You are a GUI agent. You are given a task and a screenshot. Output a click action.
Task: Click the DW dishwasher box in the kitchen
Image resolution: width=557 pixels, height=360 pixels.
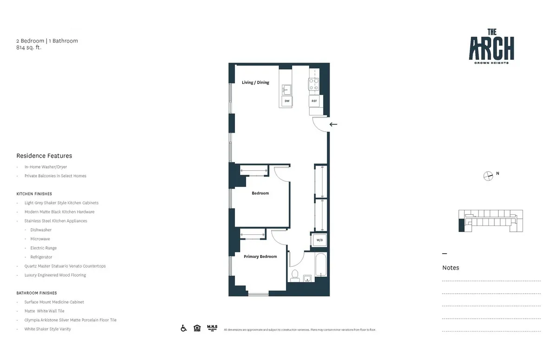click(287, 101)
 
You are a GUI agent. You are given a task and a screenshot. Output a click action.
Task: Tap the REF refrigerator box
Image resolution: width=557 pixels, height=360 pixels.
click(314, 101)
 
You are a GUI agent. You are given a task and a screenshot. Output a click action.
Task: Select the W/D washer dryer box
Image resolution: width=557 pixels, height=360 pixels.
click(319, 240)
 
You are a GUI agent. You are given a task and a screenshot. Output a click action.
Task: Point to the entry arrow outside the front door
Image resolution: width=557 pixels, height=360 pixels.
click(333, 124)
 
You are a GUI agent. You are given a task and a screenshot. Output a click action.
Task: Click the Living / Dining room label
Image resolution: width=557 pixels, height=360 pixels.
click(255, 83)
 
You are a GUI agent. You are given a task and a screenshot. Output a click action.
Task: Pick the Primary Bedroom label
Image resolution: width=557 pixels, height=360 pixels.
click(260, 257)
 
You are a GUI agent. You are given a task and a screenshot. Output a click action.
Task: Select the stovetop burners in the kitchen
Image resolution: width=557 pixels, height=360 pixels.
click(314, 84)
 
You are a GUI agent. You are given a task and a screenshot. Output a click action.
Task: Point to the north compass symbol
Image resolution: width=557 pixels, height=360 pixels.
click(488, 175)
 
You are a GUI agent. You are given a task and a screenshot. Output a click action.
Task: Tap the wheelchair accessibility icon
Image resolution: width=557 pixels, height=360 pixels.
click(184, 328)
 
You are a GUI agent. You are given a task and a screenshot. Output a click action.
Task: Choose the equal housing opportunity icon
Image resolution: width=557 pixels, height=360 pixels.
click(197, 328)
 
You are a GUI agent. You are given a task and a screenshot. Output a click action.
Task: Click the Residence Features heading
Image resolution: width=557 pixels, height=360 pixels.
click(44, 156)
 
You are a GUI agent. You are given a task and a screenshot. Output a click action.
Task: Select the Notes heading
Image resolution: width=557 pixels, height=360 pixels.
click(451, 268)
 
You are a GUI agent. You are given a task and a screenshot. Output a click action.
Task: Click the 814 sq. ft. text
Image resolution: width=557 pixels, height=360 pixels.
click(29, 47)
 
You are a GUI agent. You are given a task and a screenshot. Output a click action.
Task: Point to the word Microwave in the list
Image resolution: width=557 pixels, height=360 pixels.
click(40, 239)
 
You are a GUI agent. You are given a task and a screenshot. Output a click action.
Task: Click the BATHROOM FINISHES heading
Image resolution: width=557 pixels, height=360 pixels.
click(37, 293)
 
